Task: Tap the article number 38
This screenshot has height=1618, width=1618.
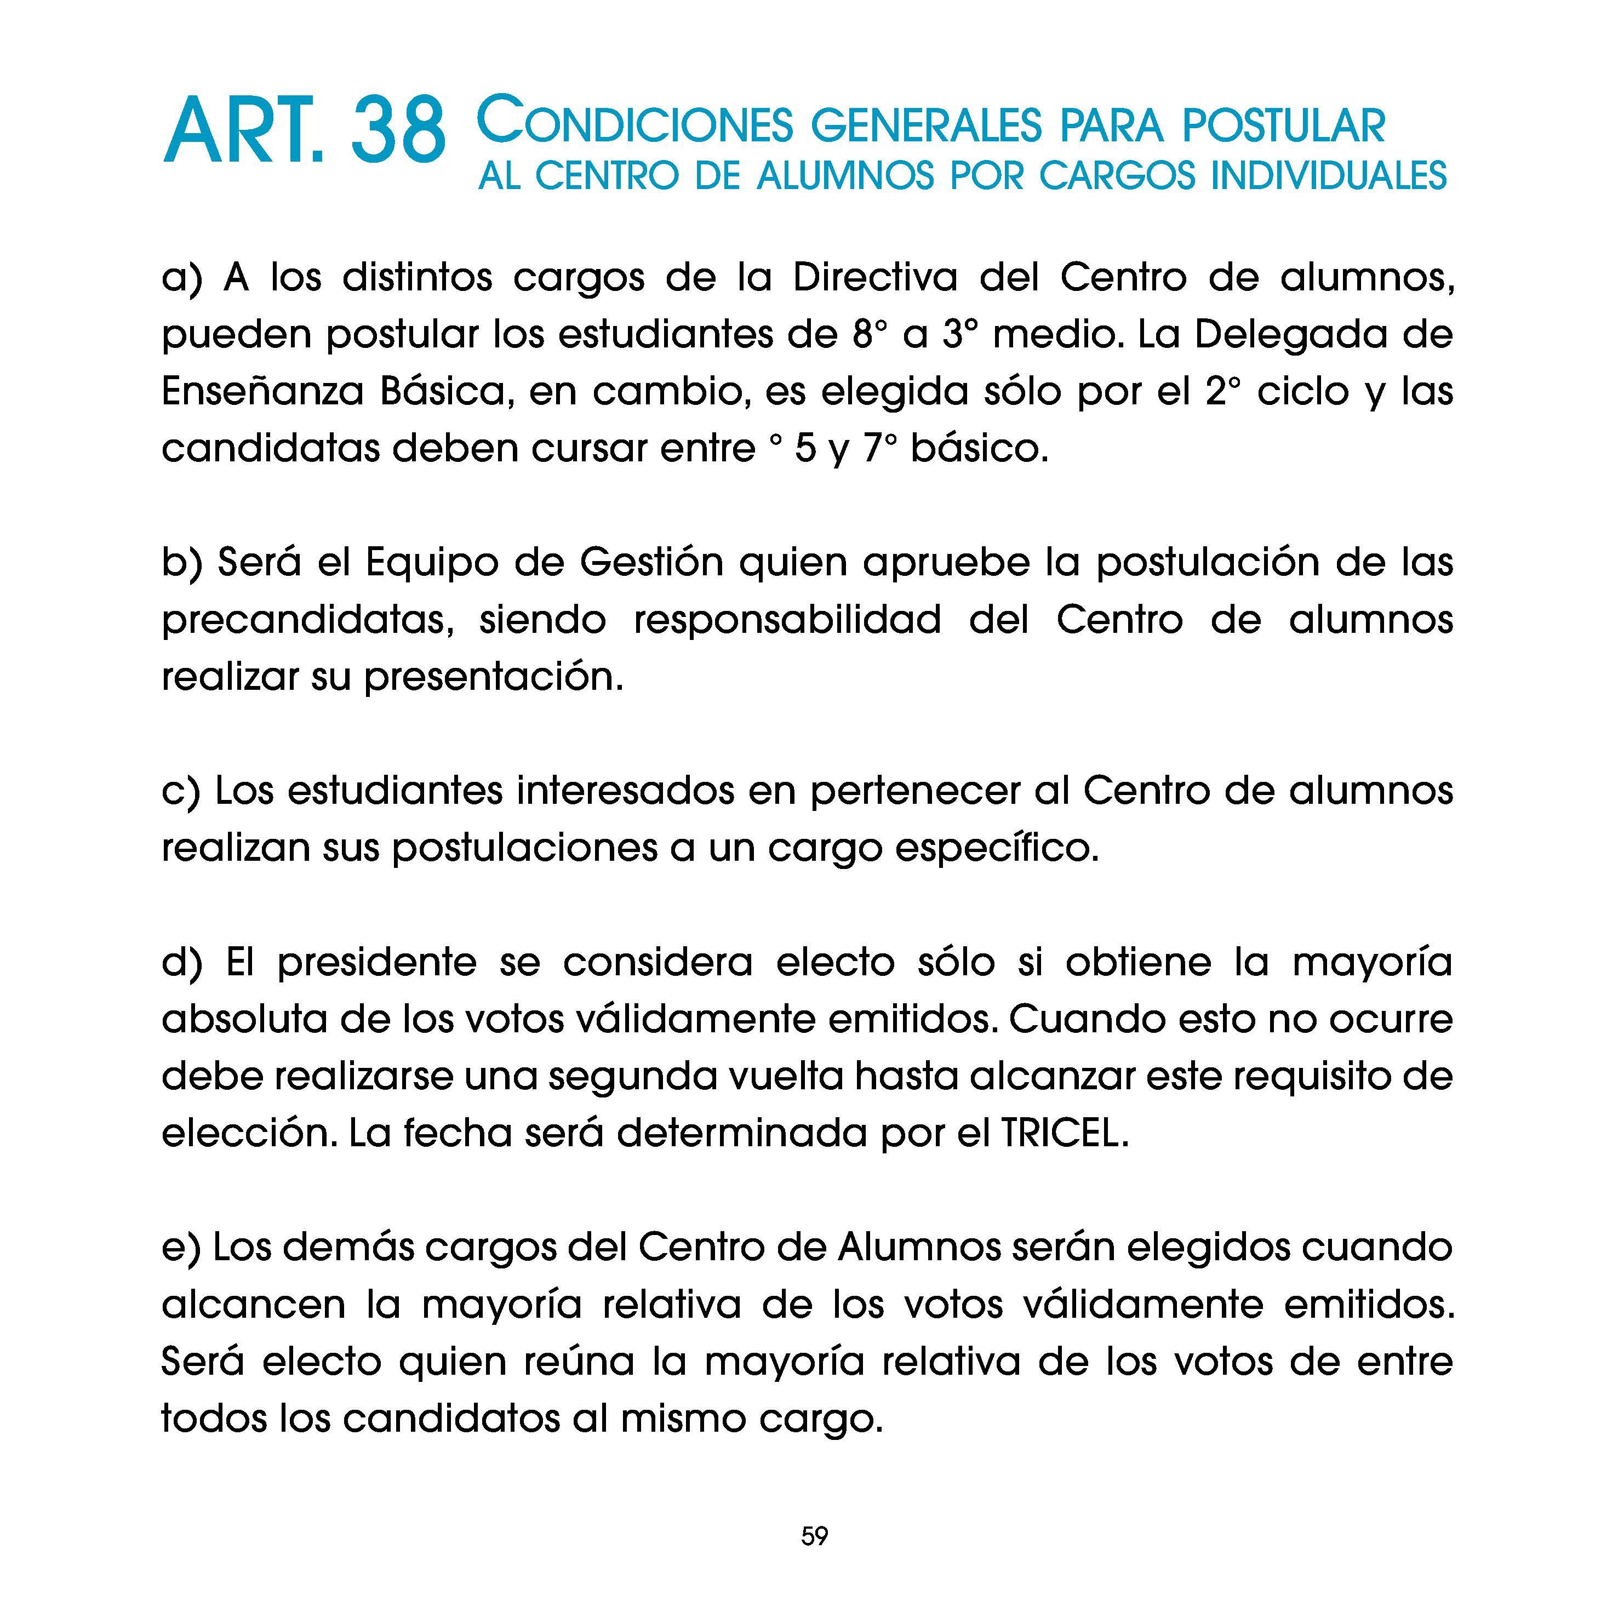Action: click(398, 132)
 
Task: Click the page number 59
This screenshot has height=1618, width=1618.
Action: click(814, 1536)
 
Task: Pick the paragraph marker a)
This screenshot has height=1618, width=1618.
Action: click(182, 278)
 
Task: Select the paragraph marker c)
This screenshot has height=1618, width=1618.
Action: click(180, 791)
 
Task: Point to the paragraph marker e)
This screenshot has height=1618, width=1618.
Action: click(180, 1247)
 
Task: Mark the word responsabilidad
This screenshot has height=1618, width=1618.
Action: click(787, 620)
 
